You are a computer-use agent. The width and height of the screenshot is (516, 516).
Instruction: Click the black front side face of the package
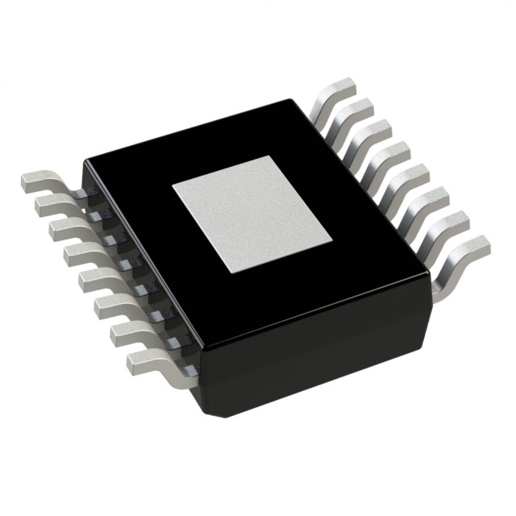click(x=322, y=347)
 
